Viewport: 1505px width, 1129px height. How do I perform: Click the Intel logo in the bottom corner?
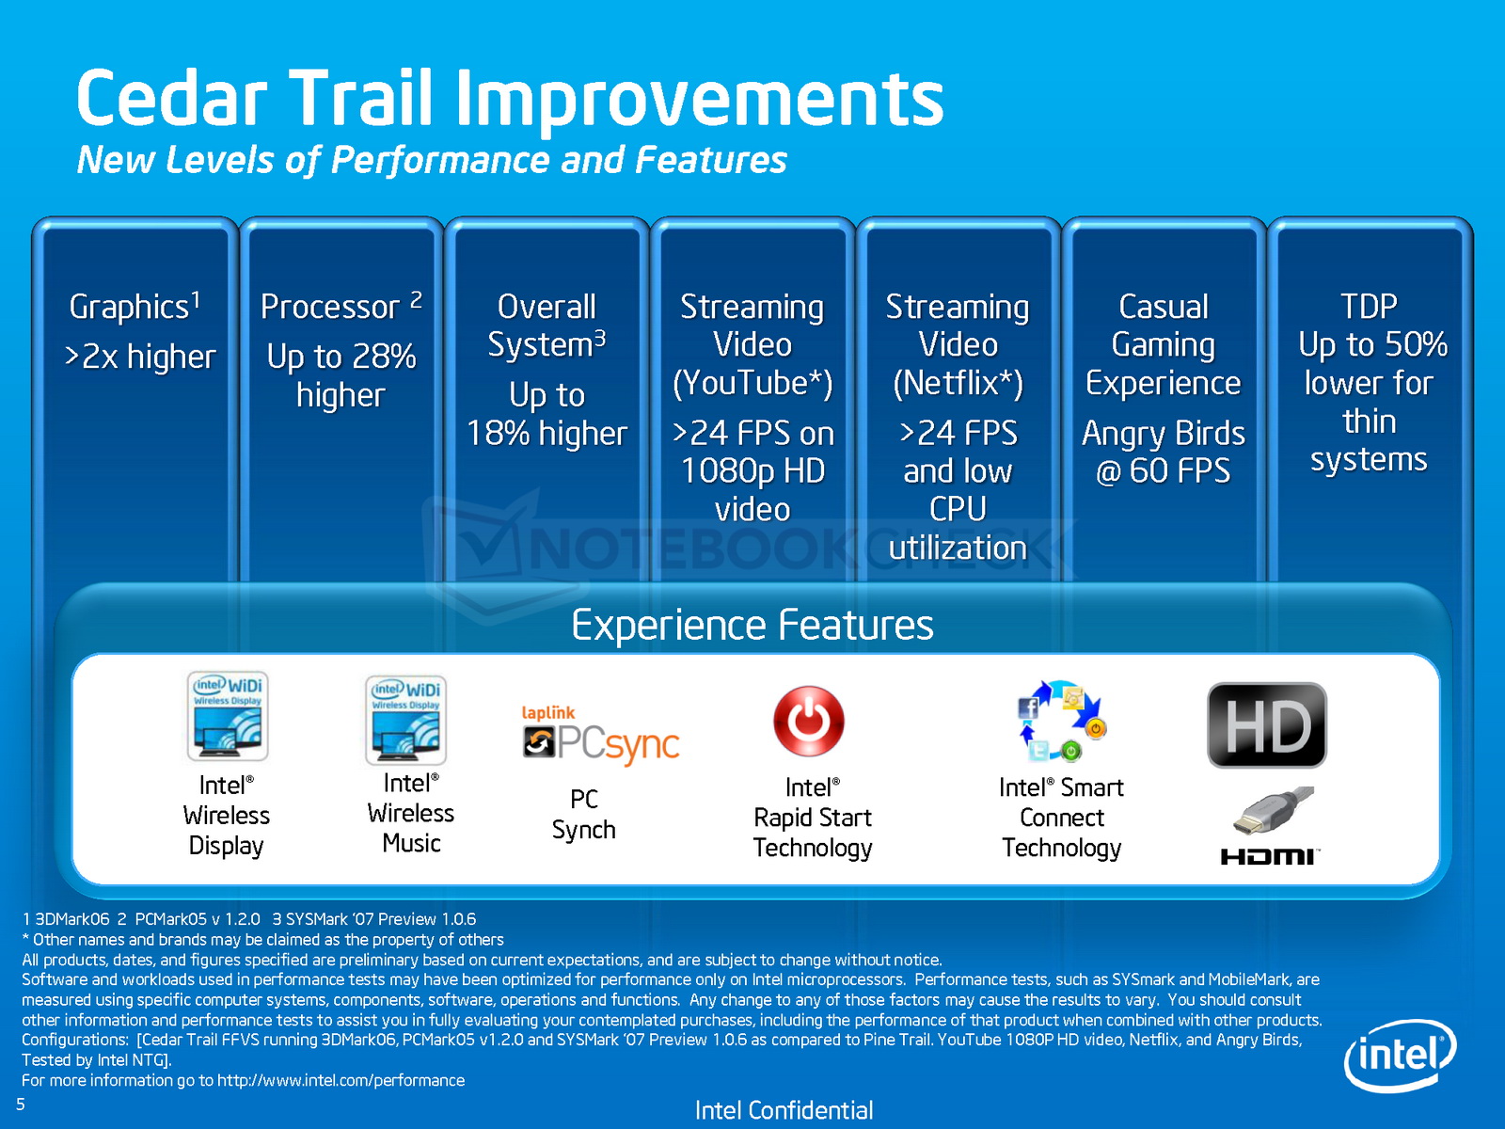click(1400, 1056)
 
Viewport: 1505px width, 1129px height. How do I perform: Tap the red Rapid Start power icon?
click(809, 721)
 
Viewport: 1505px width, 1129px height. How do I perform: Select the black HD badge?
click(1267, 724)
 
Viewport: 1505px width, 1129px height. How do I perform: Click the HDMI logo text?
click(1269, 856)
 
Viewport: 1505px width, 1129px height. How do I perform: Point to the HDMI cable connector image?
click(1274, 810)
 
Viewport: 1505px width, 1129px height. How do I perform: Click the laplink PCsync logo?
click(601, 735)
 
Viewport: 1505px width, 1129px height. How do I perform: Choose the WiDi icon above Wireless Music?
click(406, 720)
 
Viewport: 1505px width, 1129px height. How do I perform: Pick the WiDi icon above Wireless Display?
click(228, 716)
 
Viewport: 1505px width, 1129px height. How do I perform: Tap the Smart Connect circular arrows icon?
click(1061, 721)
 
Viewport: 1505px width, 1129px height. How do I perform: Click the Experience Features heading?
click(752, 625)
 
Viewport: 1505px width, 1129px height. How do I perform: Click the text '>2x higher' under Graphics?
click(140, 358)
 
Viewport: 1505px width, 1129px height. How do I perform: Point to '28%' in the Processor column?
click(383, 356)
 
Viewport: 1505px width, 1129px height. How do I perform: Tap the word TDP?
click(1369, 307)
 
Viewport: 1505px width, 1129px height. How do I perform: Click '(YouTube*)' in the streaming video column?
click(752, 383)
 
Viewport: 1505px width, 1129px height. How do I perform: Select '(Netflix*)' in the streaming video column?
click(958, 383)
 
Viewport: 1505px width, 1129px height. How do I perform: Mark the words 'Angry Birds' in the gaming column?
click(1164, 434)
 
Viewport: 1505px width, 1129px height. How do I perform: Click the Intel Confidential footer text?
click(784, 1110)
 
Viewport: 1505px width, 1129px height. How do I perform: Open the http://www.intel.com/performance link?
click(341, 1080)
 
